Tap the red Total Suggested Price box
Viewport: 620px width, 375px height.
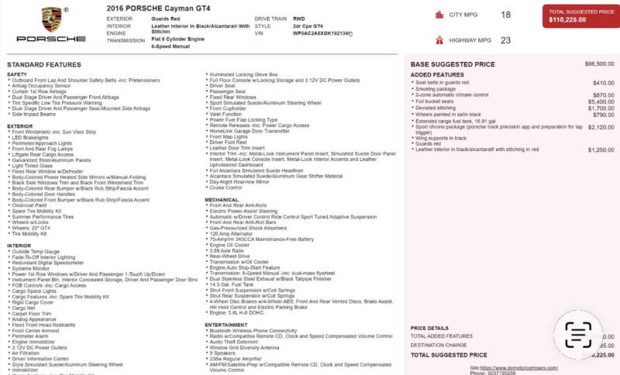click(x=577, y=16)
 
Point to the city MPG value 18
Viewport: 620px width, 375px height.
click(x=505, y=15)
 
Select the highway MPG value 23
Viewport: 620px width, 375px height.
click(x=505, y=40)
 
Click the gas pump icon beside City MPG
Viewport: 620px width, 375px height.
click(x=440, y=15)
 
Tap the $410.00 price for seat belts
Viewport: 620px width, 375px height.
click(x=603, y=82)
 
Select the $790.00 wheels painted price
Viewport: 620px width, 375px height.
click(x=603, y=115)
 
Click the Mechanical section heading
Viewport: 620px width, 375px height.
click(x=222, y=199)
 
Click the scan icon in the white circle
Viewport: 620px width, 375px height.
click(x=578, y=335)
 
